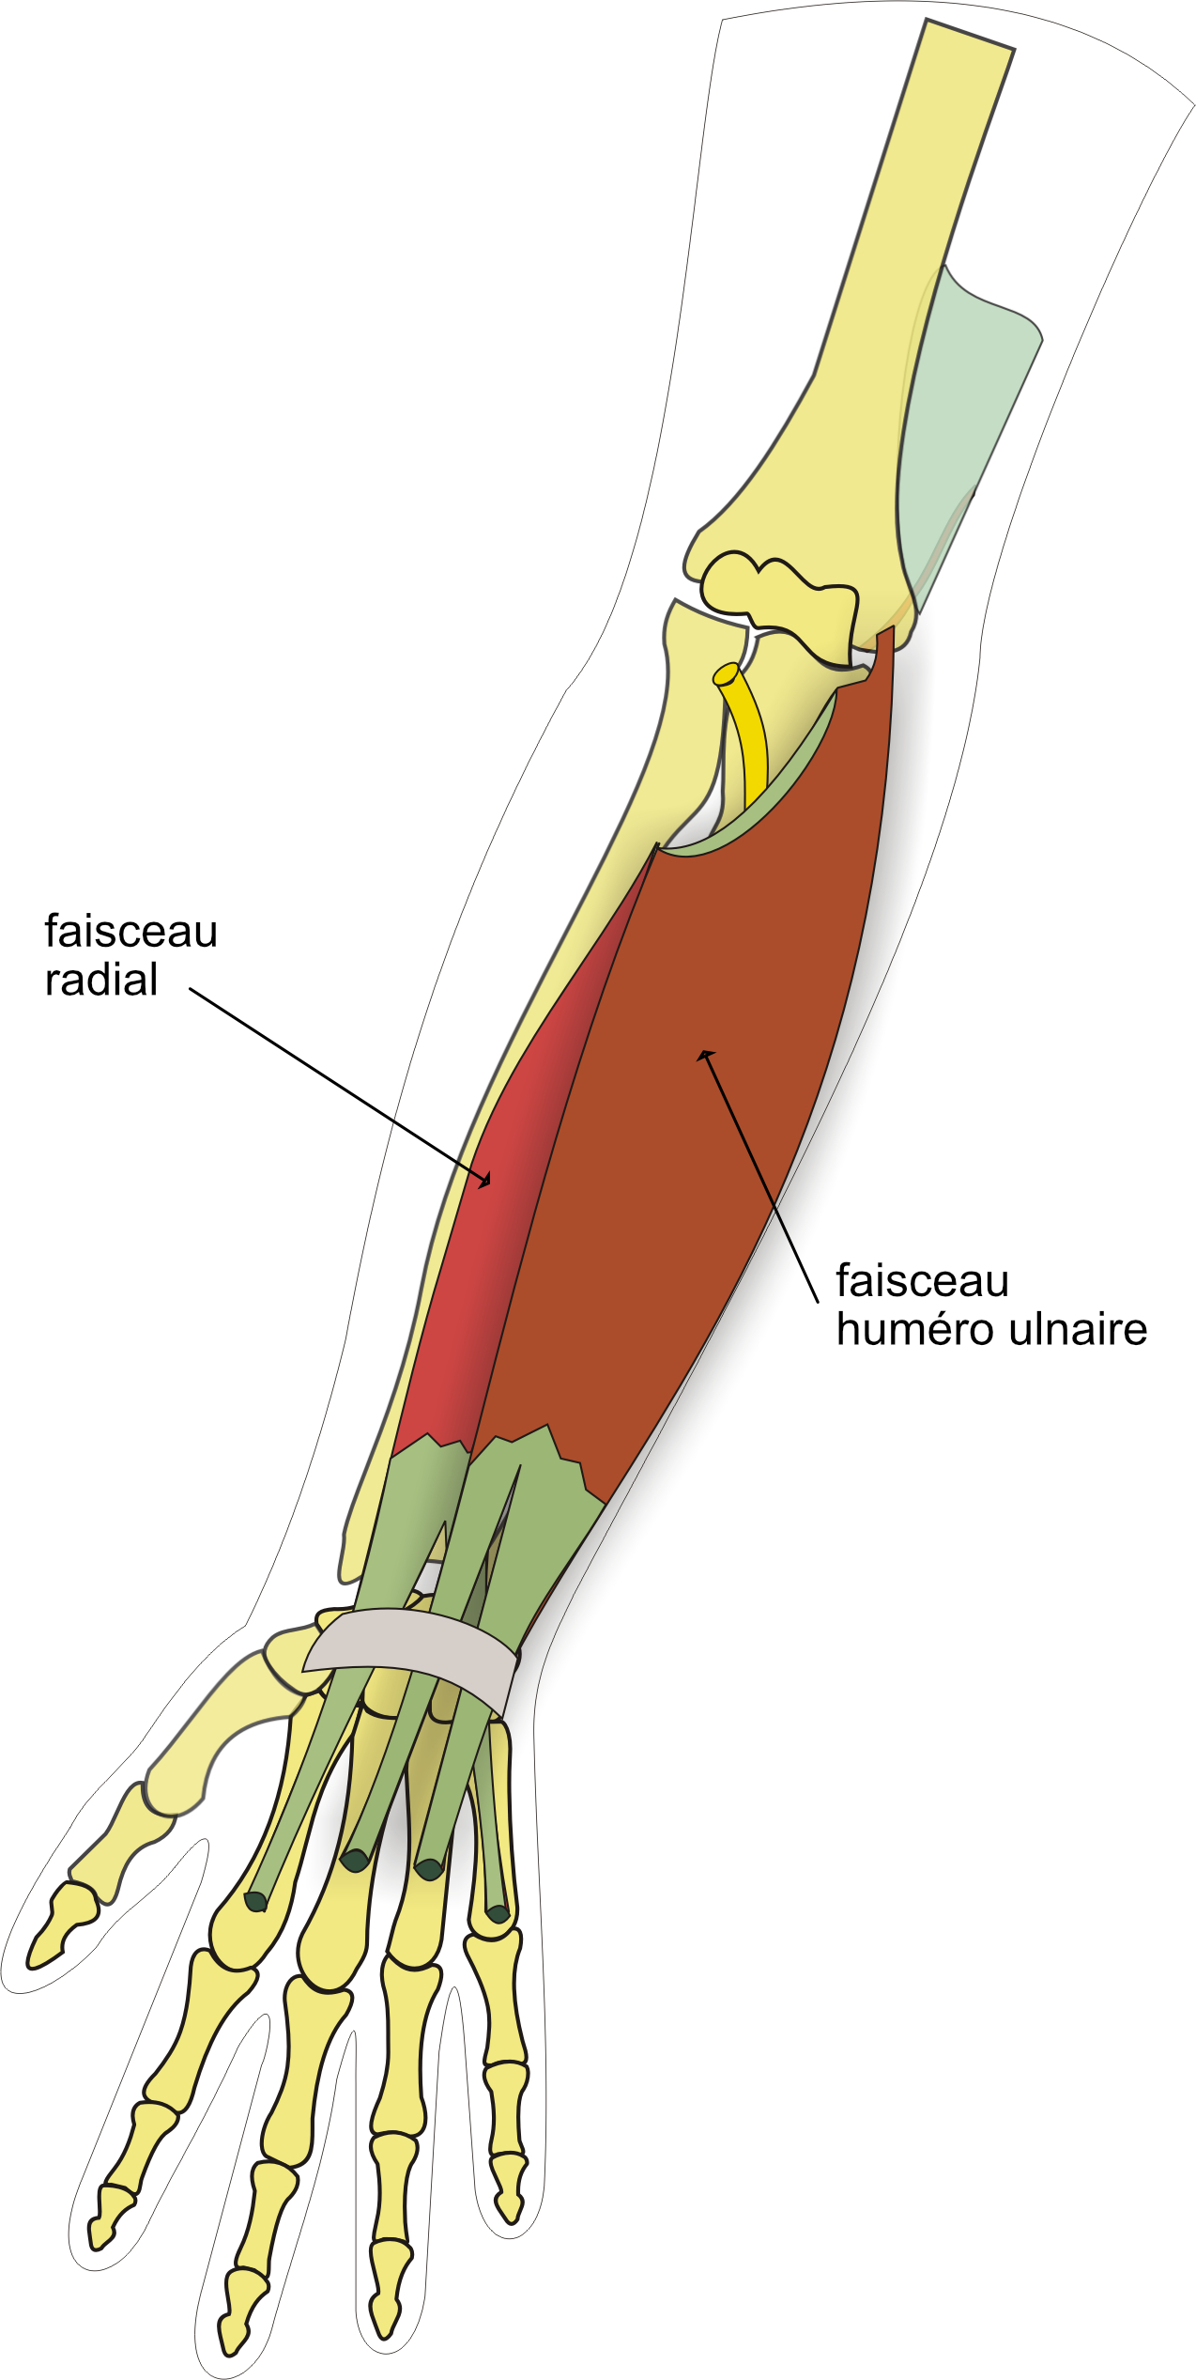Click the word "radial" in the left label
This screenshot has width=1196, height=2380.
101,981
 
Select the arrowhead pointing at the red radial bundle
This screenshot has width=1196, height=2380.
484,1180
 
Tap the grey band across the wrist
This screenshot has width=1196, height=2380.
413,1655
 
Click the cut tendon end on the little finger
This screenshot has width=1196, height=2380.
498,1914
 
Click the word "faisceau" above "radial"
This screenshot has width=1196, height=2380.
130,932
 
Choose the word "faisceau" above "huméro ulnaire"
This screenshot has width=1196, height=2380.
922,1281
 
